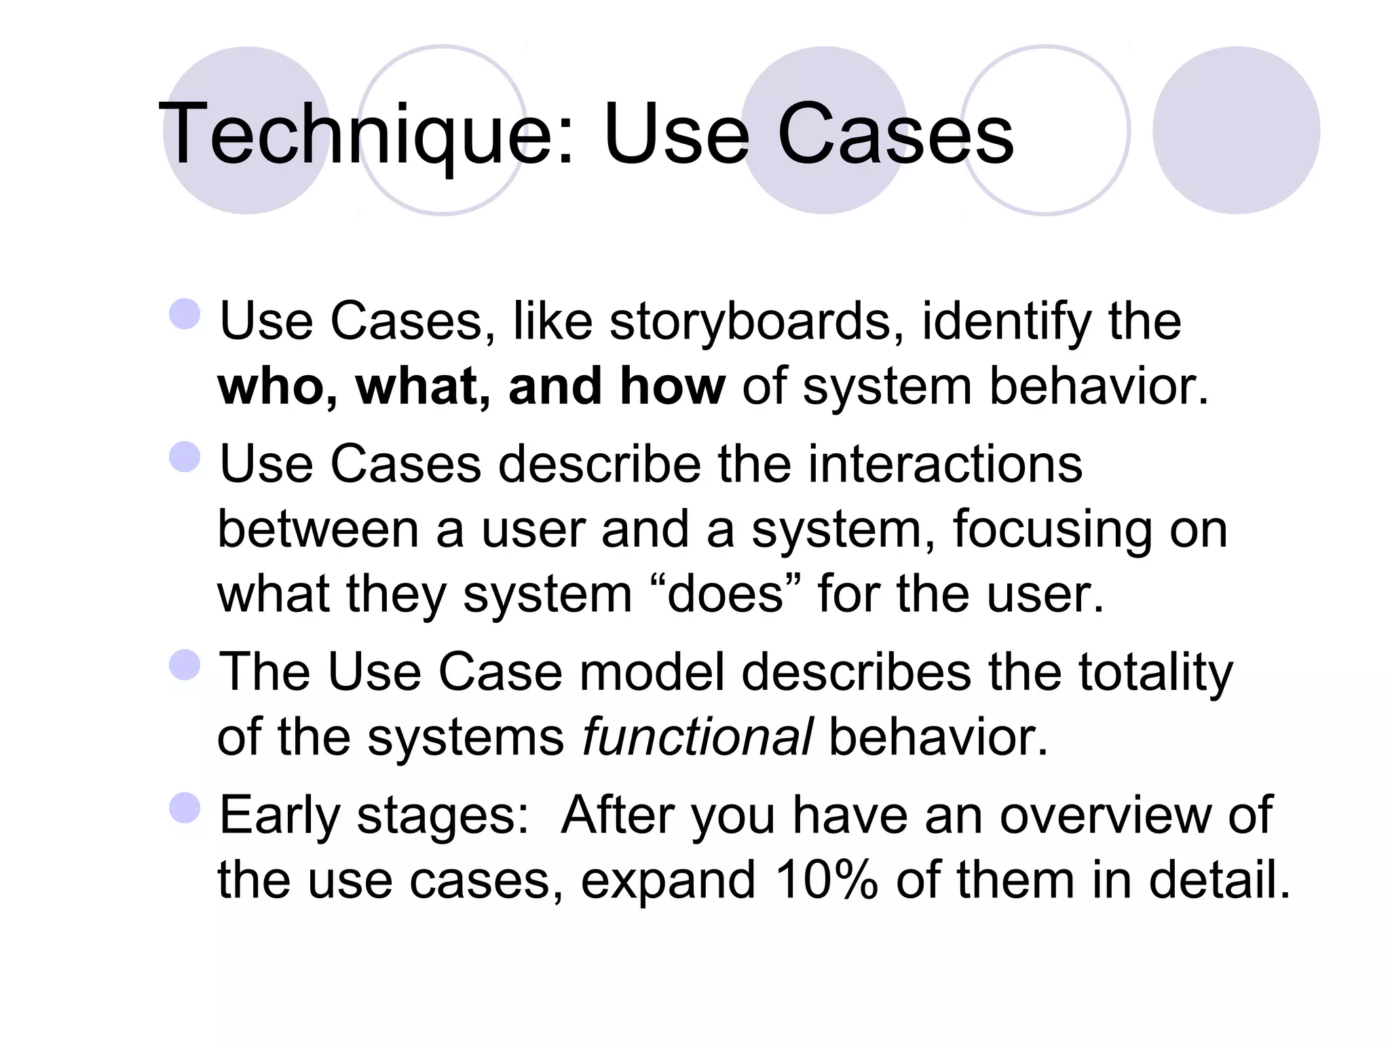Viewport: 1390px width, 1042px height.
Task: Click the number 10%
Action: tap(826, 880)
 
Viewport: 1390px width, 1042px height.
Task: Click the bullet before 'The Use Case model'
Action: tap(185, 665)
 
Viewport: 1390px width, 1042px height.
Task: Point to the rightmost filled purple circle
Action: tap(1236, 130)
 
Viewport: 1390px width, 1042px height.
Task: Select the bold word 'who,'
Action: tap(278, 386)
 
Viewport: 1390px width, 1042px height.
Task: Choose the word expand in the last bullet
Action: tap(668, 880)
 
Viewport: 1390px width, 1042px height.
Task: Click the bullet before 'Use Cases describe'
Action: tap(185, 457)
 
